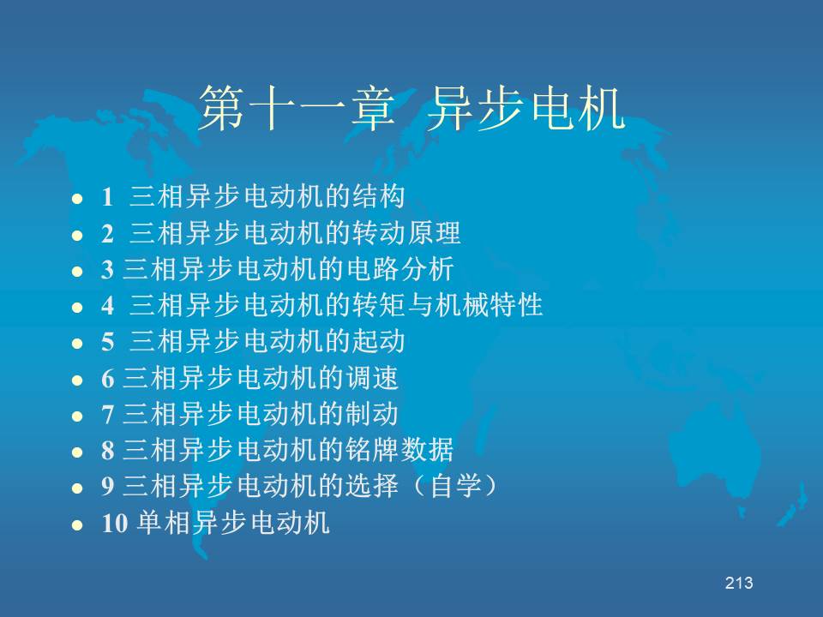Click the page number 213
(x=739, y=583)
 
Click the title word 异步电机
(x=526, y=109)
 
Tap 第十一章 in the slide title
(x=297, y=109)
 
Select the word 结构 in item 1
(x=378, y=197)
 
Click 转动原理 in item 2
(x=405, y=233)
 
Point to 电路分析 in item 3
(x=399, y=269)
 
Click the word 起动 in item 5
(x=378, y=342)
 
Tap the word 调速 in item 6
(x=371, y=378)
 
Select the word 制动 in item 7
(x=371, y=414)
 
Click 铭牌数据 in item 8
(x=399, y=450)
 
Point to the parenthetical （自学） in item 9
(x=454, y=487)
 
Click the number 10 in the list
(x=114, y=524)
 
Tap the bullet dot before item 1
(x=77, y=199)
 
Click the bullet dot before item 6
(x=77, y=380)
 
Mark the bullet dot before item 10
(x=77, y=524)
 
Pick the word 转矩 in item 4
(x=378, y=305)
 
